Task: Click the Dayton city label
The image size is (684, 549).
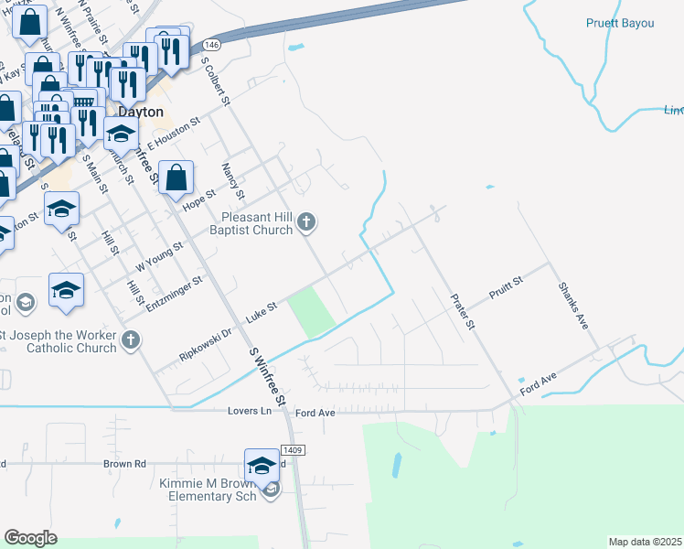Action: tap(141, 112)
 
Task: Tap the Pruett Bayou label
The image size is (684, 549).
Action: tap(620, 23)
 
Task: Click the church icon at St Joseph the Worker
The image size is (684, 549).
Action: tap(131, 340)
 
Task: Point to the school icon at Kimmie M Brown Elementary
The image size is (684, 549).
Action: tap(262, 464)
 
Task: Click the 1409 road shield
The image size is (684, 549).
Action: tap(293, 449)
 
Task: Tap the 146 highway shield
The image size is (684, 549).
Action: tap(212, 44)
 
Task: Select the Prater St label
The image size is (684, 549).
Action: tap(464, 312)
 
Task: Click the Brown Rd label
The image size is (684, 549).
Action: tap(125, 464)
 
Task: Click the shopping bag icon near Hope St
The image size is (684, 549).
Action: tap(176, 177)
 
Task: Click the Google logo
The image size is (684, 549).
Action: tap(30, 538)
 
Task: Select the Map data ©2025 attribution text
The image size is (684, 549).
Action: tap(644, 542)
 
